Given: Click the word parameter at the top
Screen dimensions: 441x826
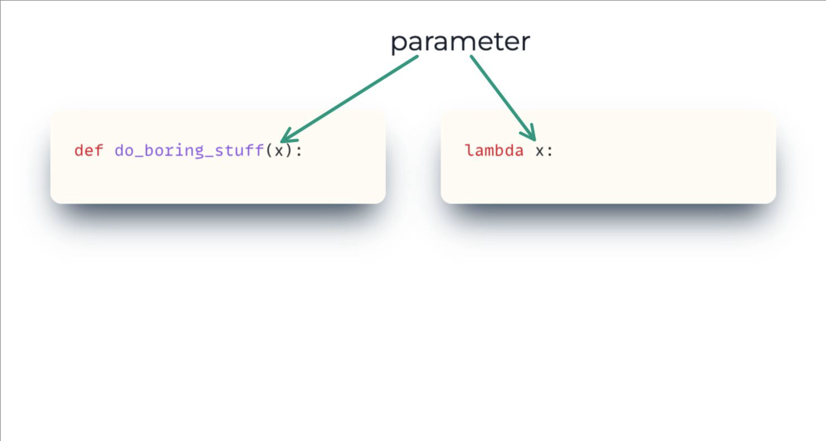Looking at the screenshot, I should click(460, 42).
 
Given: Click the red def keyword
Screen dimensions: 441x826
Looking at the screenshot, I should click(88, 150).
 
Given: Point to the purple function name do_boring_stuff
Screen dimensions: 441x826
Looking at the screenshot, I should click(189, 151).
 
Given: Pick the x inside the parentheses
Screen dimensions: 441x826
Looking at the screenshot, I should click(279, 151).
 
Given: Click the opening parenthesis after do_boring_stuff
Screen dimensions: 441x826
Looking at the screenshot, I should click(269, 151).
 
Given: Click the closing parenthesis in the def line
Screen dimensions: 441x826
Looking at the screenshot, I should click(289, 151).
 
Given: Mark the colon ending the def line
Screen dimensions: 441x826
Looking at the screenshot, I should click(299, 151).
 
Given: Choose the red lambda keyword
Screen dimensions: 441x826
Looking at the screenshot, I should click(494, 150).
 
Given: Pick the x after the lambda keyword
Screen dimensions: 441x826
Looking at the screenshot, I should click(539, 151).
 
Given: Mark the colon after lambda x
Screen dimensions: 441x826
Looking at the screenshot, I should click(550, 151).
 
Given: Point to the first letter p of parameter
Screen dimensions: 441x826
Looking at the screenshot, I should click(397, 44).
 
